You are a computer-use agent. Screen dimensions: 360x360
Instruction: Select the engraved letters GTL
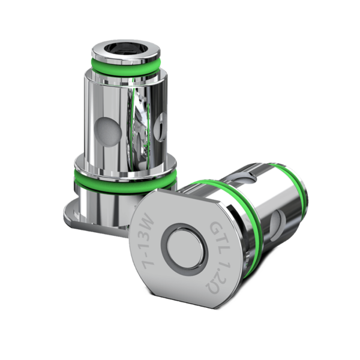215,231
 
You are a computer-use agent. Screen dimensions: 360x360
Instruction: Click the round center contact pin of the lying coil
184,246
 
